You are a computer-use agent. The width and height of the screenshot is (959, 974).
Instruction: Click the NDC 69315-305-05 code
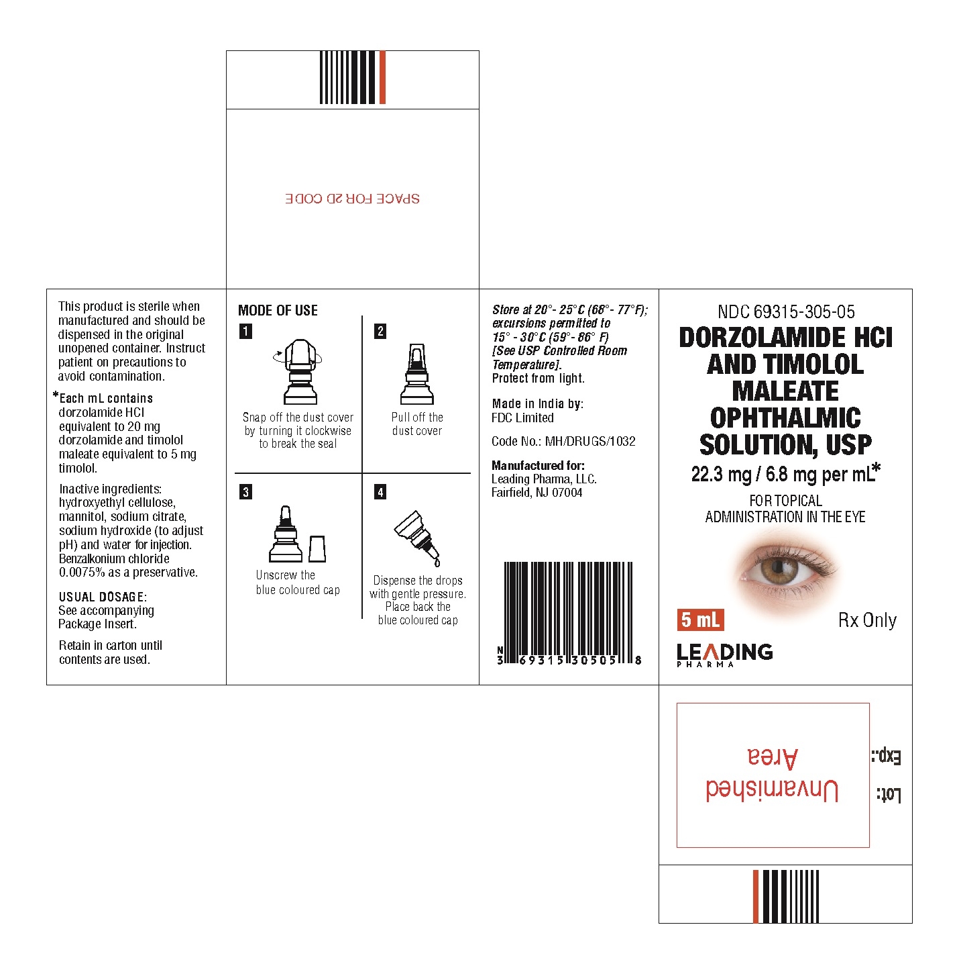point(786,312)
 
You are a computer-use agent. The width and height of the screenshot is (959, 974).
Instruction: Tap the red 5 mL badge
point(700,620)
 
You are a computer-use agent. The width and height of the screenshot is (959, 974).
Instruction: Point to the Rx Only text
point(867,620)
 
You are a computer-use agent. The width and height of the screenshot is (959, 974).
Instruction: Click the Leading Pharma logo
point(725,655)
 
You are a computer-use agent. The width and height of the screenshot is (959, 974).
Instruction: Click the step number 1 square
point(245,332)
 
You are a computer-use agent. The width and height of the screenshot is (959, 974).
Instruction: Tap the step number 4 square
point(380,492)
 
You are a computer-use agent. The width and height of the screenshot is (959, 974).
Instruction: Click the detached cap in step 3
point(317,549)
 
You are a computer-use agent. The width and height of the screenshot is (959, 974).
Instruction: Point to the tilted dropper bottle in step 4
point(417,538)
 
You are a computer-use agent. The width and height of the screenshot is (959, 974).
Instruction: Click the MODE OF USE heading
point(278,310)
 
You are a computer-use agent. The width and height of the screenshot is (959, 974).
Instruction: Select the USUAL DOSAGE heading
point(103,597)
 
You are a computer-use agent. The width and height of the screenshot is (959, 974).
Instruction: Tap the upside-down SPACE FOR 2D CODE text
point(353,199)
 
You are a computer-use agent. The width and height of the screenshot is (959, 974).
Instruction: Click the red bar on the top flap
point(382,77)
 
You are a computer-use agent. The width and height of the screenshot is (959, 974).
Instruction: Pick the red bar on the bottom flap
point(756,897)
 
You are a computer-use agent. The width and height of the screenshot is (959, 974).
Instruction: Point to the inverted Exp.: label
point(887,756)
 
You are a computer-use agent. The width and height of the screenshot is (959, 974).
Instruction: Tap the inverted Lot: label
point(889,795)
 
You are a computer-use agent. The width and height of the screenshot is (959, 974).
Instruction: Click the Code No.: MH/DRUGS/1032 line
point(563,441)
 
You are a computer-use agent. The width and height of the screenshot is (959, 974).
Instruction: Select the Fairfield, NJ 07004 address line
point(537,493)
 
